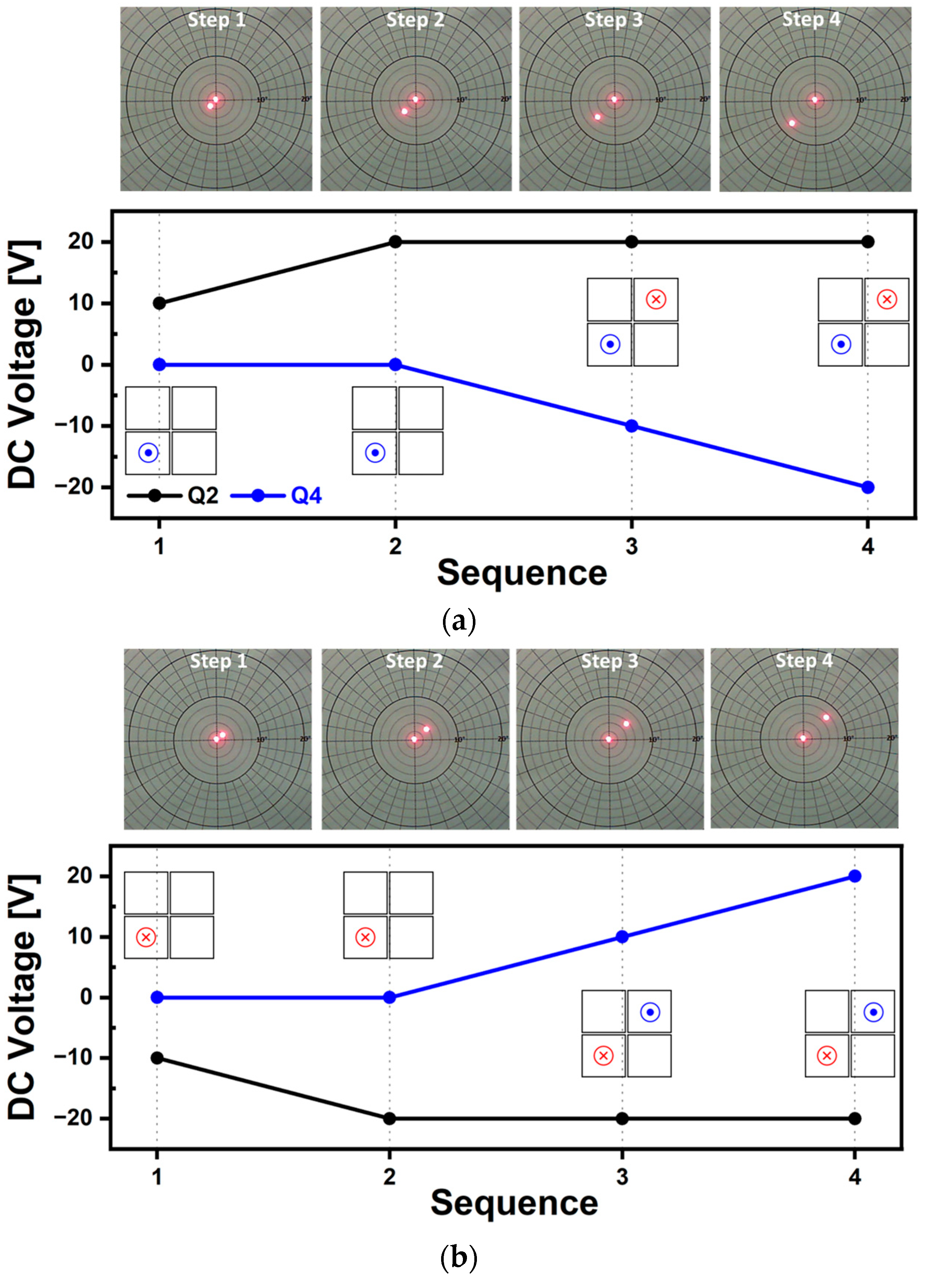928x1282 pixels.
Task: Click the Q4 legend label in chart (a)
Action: pos(306,496)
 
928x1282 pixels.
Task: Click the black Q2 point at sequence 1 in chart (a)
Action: pos(159,303)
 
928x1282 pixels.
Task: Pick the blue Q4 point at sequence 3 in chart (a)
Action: pos(632,425)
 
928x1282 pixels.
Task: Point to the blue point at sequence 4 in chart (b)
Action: pos(855,876)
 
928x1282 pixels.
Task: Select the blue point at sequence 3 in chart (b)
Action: pos(622,937)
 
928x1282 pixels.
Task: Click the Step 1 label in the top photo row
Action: pos(217,20)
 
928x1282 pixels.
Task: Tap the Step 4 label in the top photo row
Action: pos(811,20)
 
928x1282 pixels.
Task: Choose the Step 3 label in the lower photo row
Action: pos(609,661)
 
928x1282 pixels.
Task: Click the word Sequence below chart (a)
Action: pos(522,573)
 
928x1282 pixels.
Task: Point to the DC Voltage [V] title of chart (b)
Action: pos(23,998)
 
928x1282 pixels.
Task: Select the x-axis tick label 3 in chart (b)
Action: pos(622,1176)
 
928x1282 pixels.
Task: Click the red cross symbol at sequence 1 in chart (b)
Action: pos(146,938)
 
